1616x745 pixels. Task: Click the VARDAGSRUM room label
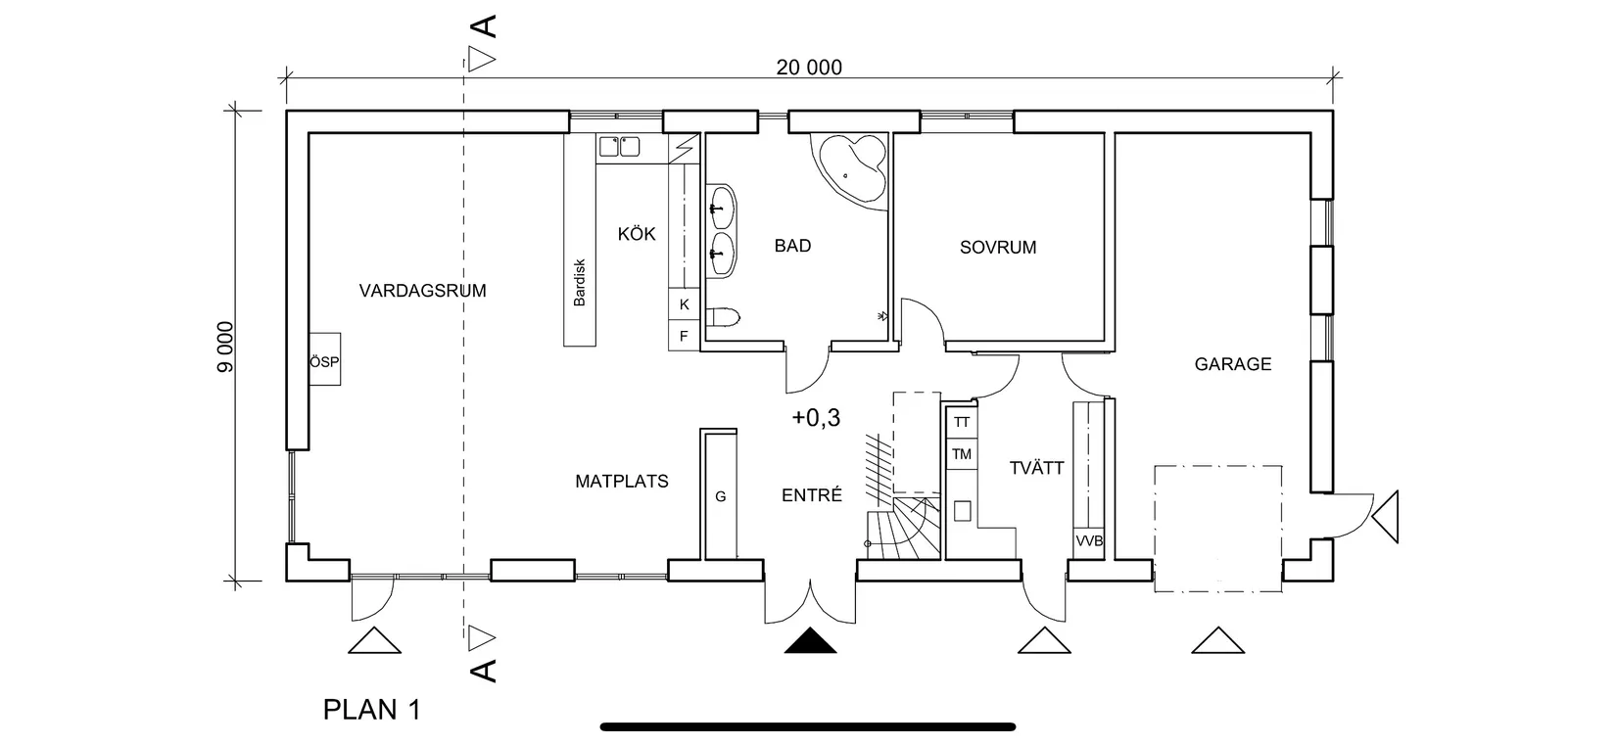pyautogui.click(x=422, y=291)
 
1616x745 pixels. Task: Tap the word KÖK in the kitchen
pyautogui.click(x=637, y=234)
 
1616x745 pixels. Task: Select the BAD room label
pyautogui.click(x=792, y=246)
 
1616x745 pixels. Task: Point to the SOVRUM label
pyautogui.click(x=997, y=248)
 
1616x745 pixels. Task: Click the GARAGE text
pyautogui.click(x=1232, y=364)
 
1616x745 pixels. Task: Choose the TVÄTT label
pyautogui.click(x=1036, y=468)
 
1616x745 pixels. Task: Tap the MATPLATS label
pyautogui.click(x=621, y=482)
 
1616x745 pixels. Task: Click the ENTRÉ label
pyautogui.click(x=811, y=495)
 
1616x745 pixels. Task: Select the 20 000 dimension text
pyautogui.click(x=809, y=68)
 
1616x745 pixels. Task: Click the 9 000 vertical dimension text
pyautogui.click(x=225, y=348)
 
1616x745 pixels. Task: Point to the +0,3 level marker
pyautogui.click(x=816, y=418)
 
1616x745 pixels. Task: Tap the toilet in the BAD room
pyautogui.click(x=724, y=317)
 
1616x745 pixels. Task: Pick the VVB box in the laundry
pyautogui.click(x=1088, y=541)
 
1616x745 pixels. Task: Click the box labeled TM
pyautogui.click(x=961, y=454)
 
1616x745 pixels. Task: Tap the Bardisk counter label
pyautogui.click(x=579, y=283)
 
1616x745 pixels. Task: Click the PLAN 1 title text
pyautogui.click(x=371, y=710)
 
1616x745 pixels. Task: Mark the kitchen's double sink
pyautogui.click(x=618, y=147)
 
